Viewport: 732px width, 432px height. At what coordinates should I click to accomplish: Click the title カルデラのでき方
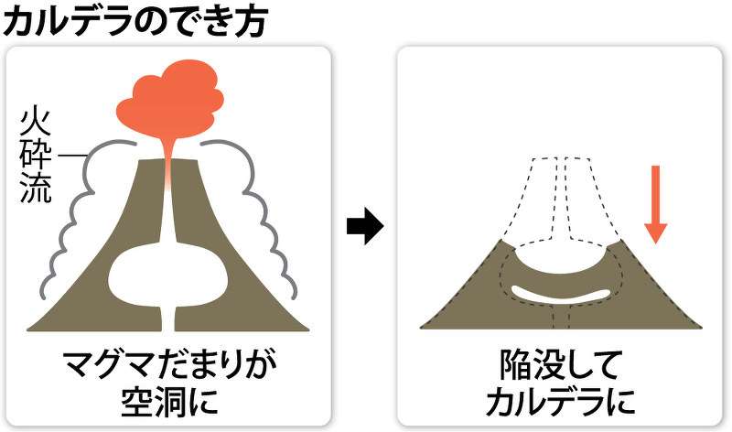tap(135, 21)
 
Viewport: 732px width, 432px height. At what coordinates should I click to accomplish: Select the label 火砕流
tap(35, 157)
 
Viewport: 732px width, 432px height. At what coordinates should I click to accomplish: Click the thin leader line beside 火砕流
tap(70, 155)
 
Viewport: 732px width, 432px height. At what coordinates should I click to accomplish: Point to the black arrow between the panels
tap(365, 227)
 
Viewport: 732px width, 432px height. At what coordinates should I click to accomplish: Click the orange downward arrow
tap(655, 204)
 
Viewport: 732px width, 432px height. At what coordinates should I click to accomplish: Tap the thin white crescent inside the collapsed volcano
tap(560, 295)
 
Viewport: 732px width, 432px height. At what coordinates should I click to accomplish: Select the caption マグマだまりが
tap(169, 365)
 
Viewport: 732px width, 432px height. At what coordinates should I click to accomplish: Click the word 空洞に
tap(169, 402)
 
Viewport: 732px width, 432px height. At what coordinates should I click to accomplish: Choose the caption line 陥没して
tap(559, 365)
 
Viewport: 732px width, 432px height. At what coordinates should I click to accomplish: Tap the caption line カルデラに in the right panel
tap(560, 402)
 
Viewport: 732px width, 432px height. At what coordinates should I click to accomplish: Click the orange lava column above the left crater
tap(168, 164)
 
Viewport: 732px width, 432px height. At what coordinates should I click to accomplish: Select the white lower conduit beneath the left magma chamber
tap(168, 319)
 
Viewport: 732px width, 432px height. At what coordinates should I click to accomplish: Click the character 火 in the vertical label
tap(35, 124)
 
